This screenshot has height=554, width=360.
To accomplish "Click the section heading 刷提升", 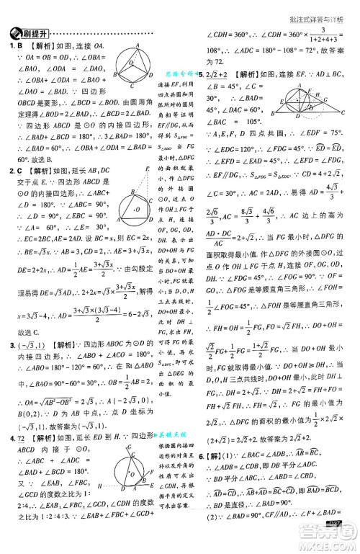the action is click(x=35, y=34).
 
